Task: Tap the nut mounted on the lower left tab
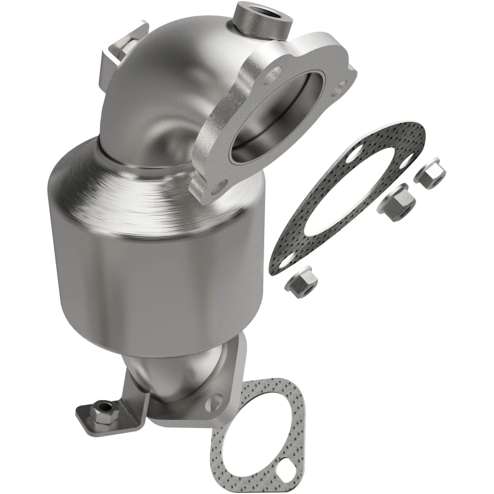coord(104,408)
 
